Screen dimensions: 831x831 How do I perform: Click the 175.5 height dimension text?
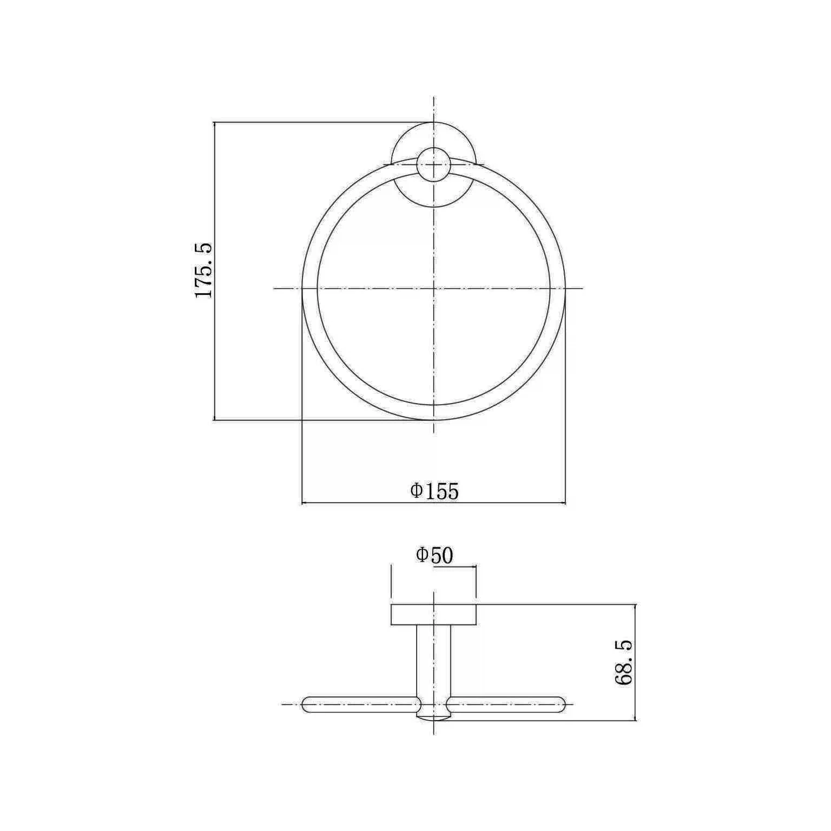(203, 271)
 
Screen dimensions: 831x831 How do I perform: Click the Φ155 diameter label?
(434, 491)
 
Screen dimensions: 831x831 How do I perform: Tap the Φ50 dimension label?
(434, 556)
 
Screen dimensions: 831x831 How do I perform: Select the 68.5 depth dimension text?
(623, 663)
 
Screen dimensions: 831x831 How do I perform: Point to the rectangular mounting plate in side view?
(433, 615)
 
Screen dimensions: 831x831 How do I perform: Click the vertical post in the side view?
(433, 671)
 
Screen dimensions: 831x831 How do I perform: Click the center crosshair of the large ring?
(434, 288)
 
